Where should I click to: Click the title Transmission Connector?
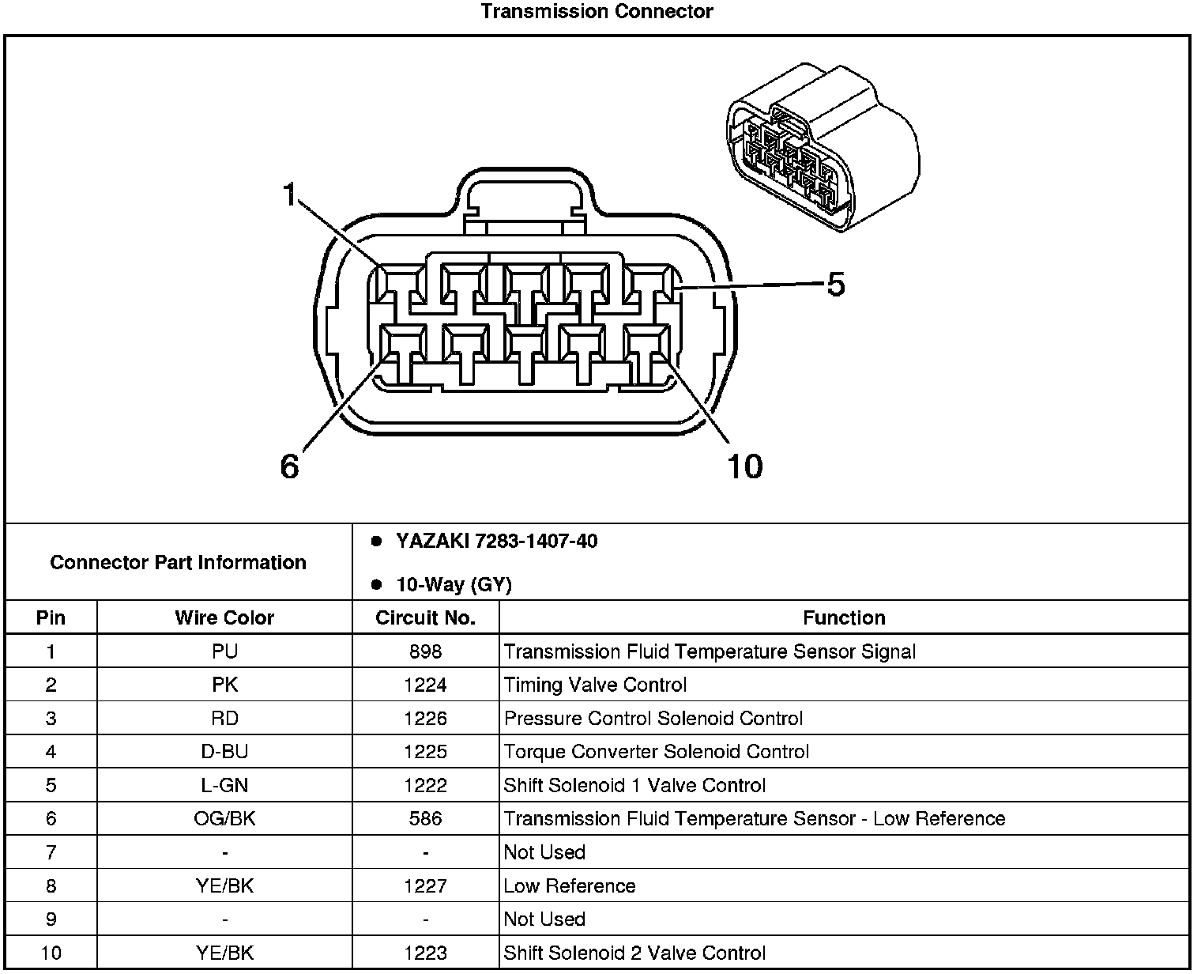click(597, 12)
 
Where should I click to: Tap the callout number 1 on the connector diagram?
click(291, 194)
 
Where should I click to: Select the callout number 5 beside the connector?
click(835, 285)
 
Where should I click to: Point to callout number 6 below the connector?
click(290, 466)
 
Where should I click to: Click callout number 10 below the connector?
click(744, 466)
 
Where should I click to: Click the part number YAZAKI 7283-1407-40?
click(496, 542)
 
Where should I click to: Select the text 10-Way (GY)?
click(454, 585)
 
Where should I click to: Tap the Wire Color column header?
click(224, 617)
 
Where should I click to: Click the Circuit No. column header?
click(425, 617)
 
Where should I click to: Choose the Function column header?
click(844, 617)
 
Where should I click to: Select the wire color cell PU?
click(224, 651)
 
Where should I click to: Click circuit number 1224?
click(425, 685)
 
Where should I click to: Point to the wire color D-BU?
click(224, 751)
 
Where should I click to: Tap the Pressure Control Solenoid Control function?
click(653, 718)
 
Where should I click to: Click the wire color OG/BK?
click(224, 818)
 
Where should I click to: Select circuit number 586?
click(425, 818)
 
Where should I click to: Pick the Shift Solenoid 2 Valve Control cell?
click(634, 953)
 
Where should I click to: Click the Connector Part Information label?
click(178, 562)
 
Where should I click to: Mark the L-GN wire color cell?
click(224, 785)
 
